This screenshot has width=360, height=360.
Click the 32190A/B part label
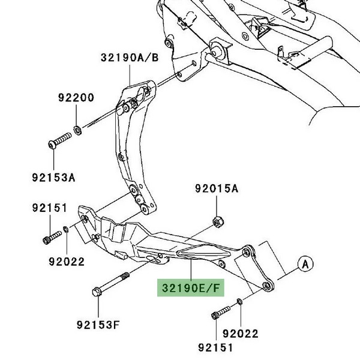[130, 58]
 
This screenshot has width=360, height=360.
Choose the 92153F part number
[99, 326]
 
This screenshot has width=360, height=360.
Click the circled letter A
[306, 263]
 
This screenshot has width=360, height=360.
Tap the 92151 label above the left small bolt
[48, 208]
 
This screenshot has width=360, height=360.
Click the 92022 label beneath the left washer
[67, 262]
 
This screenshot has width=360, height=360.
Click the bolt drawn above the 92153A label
[59, 143]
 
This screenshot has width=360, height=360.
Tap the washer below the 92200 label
[78, 130]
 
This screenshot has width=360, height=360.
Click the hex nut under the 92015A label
[217, 223]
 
